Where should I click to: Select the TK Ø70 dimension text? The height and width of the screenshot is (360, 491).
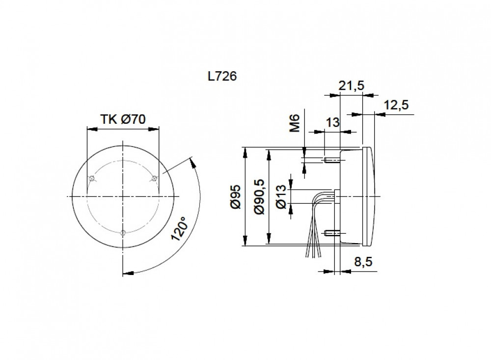pos(123,119)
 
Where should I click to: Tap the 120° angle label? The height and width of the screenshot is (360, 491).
pos(179,228)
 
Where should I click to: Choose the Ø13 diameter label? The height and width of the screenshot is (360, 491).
pos(282,196)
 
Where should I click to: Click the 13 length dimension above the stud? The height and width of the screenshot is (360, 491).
pos(332,123)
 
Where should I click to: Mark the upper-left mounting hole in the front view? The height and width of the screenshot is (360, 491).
pos(91,178)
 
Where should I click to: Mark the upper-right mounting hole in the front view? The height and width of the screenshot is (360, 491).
pos(154,178)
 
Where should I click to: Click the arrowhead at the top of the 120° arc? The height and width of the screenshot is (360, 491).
pos(192,161)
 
